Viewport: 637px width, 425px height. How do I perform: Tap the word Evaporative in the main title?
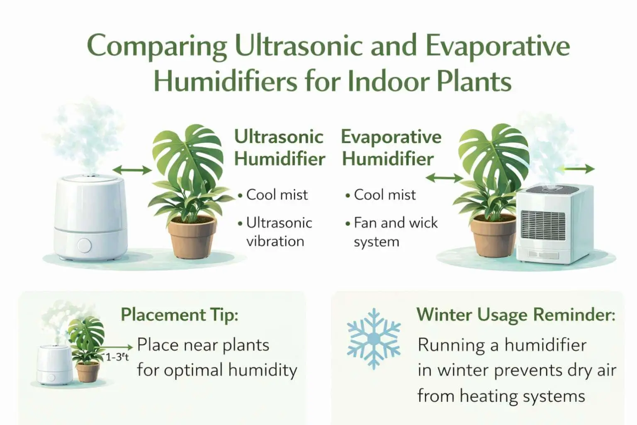(x=498, y=46)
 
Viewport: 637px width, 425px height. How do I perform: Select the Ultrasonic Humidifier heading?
(x=279, y=148)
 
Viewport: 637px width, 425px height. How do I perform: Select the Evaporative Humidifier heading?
(x=390, y=148)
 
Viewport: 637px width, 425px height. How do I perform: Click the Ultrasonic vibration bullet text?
(x=278, y=232)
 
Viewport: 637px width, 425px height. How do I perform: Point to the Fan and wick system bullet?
(x=395, y=232)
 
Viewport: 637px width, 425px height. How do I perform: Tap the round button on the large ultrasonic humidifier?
(x=84, y=245)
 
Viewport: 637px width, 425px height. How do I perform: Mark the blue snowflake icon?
(x=374, y=339)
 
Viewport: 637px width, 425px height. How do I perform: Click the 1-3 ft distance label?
(x=117, y=357)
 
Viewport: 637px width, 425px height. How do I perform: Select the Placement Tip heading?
(x=179, y=315)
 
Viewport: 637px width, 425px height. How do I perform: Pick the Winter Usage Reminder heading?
(x=515, y=315)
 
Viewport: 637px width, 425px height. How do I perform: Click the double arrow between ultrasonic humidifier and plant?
(x=132, y=170)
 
